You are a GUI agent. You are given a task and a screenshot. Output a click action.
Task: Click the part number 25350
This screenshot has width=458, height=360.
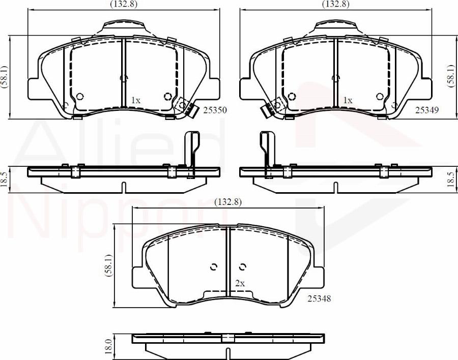coord(215,110)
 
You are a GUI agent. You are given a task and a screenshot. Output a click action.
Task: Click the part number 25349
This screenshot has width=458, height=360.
coord(427,110)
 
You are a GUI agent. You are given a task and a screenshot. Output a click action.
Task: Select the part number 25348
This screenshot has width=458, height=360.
coord(320,299)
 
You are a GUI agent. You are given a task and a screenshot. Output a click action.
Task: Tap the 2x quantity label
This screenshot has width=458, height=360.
coord(240,283)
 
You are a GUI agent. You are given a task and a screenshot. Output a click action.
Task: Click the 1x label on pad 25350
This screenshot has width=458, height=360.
coord(135,101)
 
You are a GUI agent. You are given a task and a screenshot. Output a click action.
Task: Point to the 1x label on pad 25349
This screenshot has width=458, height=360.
coord(348,101)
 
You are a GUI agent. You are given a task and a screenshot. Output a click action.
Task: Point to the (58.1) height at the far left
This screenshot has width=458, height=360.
coord(5,77)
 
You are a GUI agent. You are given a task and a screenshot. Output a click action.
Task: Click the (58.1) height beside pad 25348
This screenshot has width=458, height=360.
coord(107,266)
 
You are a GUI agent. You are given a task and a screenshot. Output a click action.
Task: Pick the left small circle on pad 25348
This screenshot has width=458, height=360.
coord(213,266)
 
